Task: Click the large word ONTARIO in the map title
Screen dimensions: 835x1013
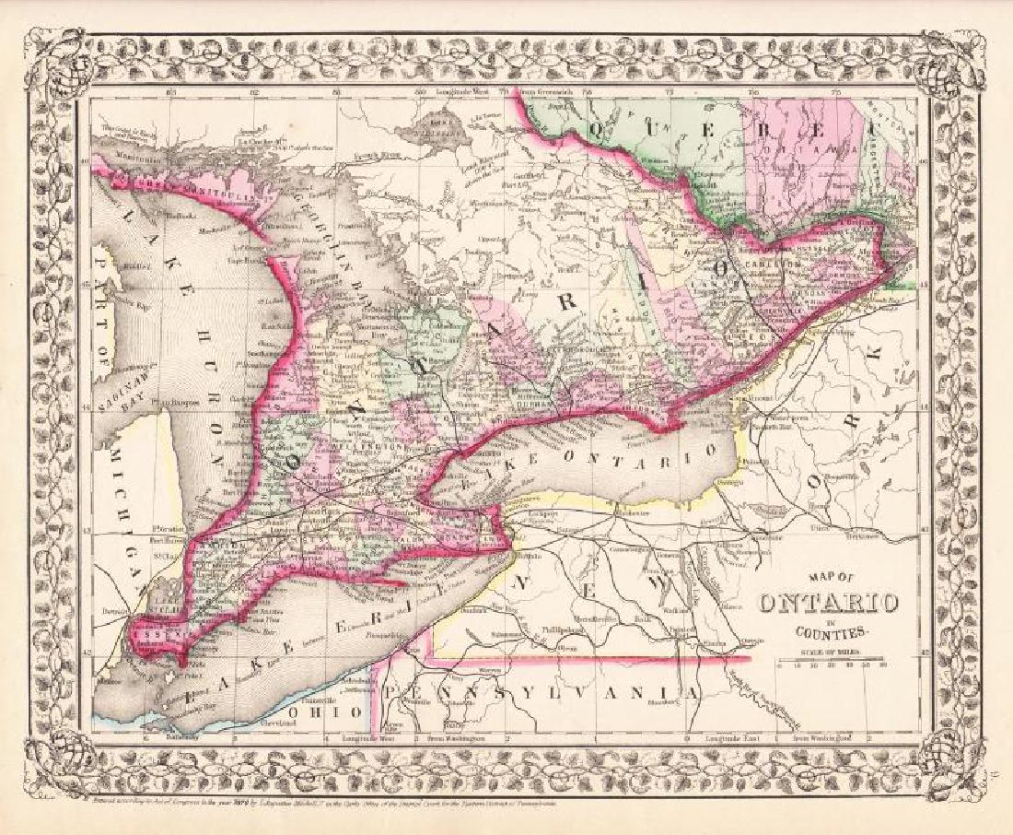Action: [828, 605]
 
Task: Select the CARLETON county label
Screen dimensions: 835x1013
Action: [781, 264]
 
